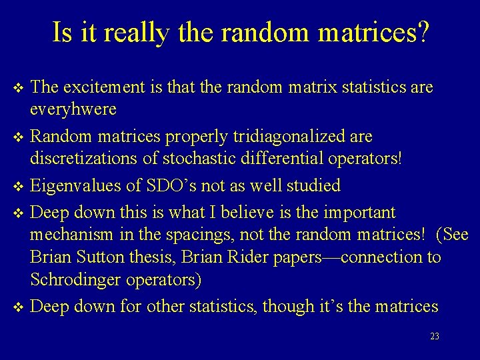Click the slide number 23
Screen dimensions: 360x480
tap(435, 337)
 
